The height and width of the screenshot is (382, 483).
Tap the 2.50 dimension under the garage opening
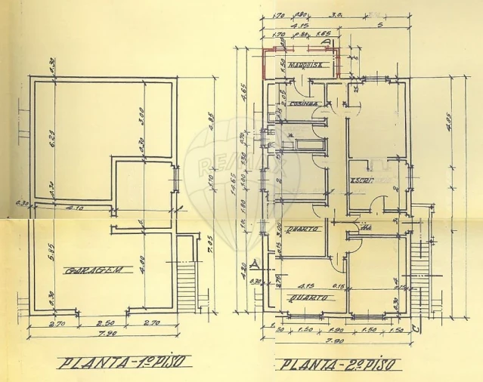101,322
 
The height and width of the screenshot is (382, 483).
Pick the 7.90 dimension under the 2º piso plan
335,340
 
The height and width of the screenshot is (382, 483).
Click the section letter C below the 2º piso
418,328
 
